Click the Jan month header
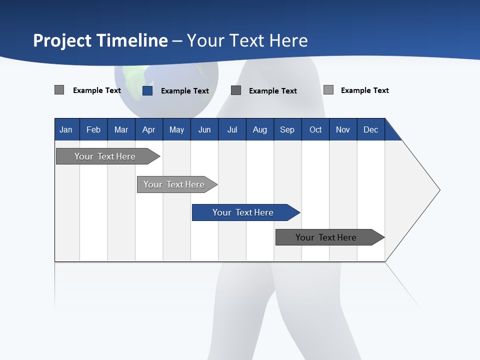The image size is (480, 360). (x=66, y=129)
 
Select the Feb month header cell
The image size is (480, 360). (x=93, y=129)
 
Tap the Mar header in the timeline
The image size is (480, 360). (x=121, y=129)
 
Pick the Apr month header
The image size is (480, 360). (x=148, y=129)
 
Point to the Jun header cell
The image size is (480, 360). (x=204, y=129)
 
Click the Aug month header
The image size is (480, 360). (x=259, y=129)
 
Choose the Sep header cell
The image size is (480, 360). (x=287, y=129)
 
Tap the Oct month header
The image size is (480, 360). (x=315, y=129)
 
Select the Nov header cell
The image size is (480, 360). (x=343, y=129)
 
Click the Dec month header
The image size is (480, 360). (x=370, y=129)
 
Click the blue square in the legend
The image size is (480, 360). (x=147, y=90)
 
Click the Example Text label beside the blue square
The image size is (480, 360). (x=184, y=91)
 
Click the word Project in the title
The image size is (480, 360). (x=61, y=40)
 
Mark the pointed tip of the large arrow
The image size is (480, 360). (x=439, y=190)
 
